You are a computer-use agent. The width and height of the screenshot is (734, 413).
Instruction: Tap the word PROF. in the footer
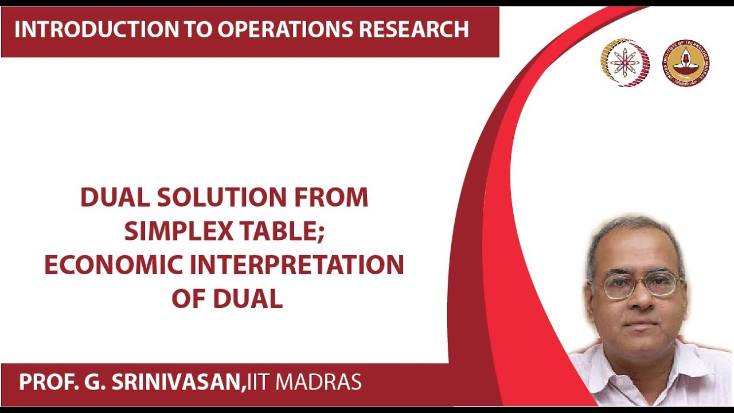43,382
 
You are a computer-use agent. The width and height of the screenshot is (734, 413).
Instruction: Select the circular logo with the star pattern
624,63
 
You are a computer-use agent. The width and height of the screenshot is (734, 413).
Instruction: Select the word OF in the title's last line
189,299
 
